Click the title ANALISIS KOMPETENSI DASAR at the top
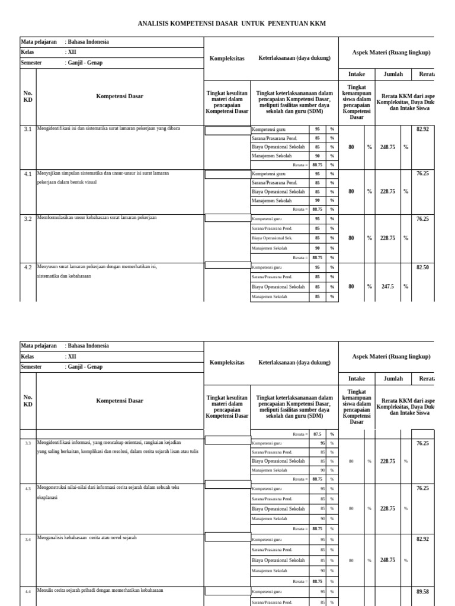[x=232, y=24]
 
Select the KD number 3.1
[x=28, y=128]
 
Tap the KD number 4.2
[x=28, y=267]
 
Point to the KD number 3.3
[x=28, y=443]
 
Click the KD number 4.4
[x=28, y=591]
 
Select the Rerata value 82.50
[x=422, y=267]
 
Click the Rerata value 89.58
[x=422, y=591]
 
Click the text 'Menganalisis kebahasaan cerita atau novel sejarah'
[x=87, y=537]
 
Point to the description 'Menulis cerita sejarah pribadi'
[x=100, y=591]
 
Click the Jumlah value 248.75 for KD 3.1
[x=388, y=147]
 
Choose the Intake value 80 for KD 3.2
[x=351, y=238]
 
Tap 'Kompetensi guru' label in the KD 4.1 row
[x=269, y=174]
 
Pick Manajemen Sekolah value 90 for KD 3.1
[x=318, y=156]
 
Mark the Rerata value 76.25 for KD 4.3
[x=422, y=488]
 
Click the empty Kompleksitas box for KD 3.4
[x=227, y=537]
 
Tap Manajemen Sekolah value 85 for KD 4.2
[x=318, y=296]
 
